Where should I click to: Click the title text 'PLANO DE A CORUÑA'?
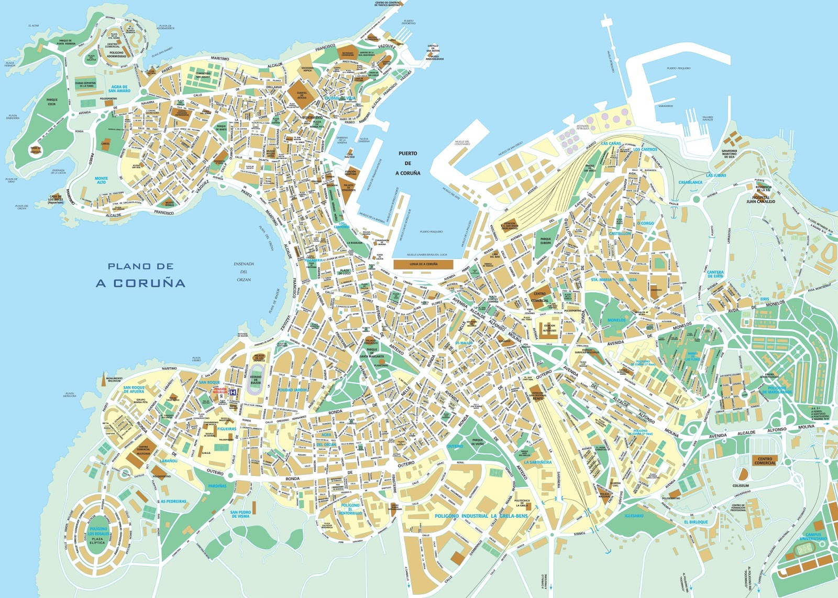tap(140, 275)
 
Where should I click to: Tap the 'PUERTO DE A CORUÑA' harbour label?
tap(407, 163)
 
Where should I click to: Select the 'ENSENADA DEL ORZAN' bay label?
tap(244, 271)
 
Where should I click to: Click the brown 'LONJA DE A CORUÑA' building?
tap(423, 264)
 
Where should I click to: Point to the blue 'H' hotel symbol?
tap(233, 392)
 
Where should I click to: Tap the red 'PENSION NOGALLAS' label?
tap(220, 390)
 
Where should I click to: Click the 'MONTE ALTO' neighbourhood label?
tap(101, 180)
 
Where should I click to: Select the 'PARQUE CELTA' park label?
tap(52, 102)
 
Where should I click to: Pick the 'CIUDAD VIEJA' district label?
tap(339, 98)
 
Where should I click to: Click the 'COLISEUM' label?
tap(741, 485)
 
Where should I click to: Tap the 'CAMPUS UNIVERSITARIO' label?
tap(813, 537)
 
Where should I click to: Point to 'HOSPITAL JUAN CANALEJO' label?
tap(760, 199)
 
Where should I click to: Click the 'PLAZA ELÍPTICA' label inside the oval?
tap(97, 540)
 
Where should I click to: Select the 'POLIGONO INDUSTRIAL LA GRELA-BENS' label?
tap(481, 516)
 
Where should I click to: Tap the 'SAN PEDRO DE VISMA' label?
tap(240, 514)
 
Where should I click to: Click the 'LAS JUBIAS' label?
tap(716, 175)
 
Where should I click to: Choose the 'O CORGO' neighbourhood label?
tap(645, 223)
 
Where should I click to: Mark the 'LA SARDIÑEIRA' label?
tap(537, 462)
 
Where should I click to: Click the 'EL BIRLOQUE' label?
tap(696, 522)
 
